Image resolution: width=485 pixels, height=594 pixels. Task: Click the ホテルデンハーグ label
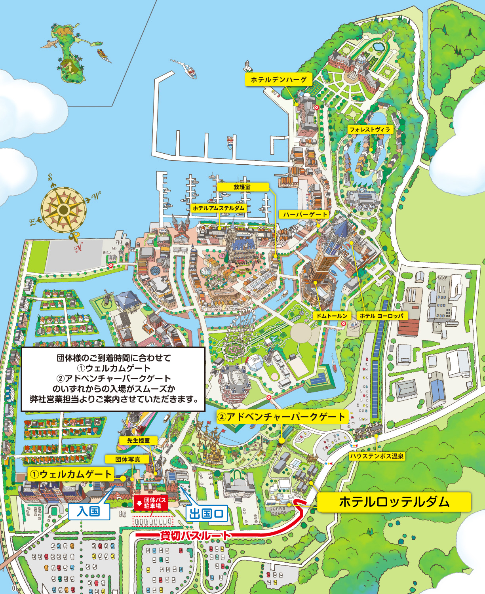pyautogui.click(x=278, y=80)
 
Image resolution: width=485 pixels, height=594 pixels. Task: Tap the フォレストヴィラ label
pyautogui.click(x=369, y=129)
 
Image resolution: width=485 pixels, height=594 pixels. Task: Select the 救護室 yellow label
pyautogui.click(x=242, y=187)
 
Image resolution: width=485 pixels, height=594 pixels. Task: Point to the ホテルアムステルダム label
pyautogui.click(x=219, y=208)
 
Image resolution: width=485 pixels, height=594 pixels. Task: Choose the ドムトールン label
pyautogui.click(x=332, y=316)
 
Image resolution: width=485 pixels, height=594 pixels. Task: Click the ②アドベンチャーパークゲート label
pyautogui.click(x=282, y=417)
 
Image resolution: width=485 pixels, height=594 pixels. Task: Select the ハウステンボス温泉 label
pyautogui.click(x=377, y=456)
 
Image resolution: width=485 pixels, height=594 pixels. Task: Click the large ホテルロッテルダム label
pyautogui.click(x=394, y=502)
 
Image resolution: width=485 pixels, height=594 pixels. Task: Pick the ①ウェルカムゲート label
pyautogui.click(x=71, y=474)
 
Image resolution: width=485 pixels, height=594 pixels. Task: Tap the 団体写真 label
pyautogui.click(x=128, y=459)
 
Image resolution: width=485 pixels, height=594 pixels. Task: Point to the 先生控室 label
pyautogui.click(x=138, y=440)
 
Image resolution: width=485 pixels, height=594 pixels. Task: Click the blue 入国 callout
pyautogui.click(x=88, y=511)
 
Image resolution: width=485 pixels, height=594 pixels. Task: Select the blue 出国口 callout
pyautogui.click(x=206, y=514)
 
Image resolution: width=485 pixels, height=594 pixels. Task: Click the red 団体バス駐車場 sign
pyautogui.click(x=152, y=503)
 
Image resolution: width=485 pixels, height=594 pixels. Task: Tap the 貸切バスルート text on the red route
pyautogui.click(x=195, y=536)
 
